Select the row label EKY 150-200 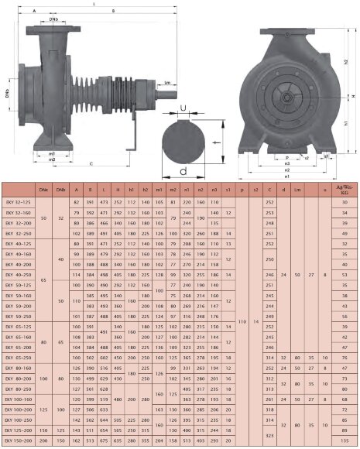click(x=19, y=440)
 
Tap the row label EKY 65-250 click(x=19, y=358)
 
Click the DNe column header click(x=44, y=189)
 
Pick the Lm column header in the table click(x=298, y=189)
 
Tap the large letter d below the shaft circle click(x=183, y=170)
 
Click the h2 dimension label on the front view click(x=345, y=62)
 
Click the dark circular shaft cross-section click(x=183, y=141)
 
